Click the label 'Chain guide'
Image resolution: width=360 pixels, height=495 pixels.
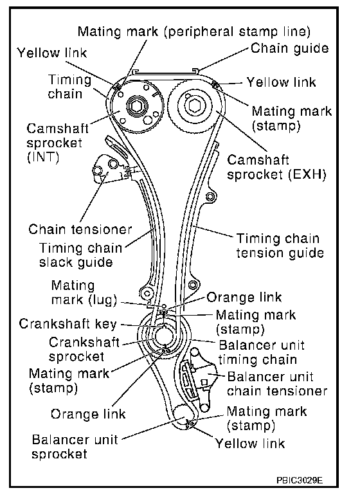click(289, 49)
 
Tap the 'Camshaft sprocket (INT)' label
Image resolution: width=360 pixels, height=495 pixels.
click(57, 143)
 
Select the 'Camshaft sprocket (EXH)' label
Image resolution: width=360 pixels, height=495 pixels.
click(276, 167)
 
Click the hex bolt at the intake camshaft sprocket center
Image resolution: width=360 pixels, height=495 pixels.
click(137, 106)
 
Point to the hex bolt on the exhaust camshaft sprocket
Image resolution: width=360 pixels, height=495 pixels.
click(194, 105)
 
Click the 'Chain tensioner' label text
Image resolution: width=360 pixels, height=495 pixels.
click(80, 230)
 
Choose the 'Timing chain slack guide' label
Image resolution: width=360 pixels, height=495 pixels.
click(80, 255)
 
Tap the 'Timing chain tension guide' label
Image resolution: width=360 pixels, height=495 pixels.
click(280, 246)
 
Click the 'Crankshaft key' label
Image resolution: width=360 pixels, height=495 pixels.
click(67, 324)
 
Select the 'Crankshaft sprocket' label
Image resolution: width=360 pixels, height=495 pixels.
click(84, 349)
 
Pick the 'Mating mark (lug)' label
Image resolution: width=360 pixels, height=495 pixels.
click(84, 292)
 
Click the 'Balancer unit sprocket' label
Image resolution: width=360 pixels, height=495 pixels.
click(75, 447)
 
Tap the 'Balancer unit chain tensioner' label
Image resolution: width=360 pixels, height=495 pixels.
click(277, 384)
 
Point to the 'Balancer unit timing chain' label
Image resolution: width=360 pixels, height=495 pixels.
click(261, 352)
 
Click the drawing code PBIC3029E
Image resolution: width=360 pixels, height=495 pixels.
click(300, 480)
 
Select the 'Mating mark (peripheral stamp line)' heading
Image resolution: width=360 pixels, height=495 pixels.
click(194, 32)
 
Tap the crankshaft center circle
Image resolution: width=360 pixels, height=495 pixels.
click(163, 336)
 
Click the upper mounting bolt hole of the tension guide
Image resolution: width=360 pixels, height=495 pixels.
click(211, 197)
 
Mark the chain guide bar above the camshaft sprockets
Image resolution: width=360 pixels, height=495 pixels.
click(166, 71)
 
